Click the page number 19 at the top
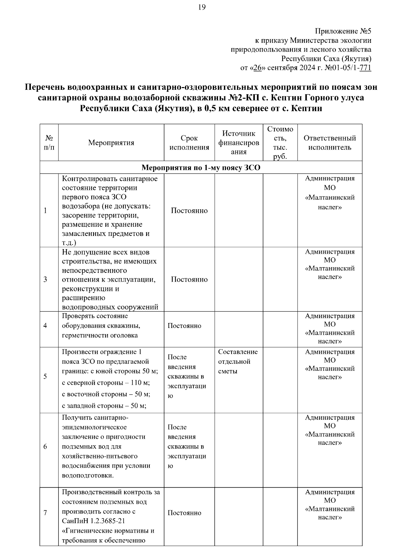pos(202,7)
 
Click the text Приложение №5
pos(343,31)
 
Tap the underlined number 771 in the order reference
pos(365,68)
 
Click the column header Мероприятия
pos(111,143)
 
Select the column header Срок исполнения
pos(189,143)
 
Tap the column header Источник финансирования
pos(239,143)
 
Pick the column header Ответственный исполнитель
pos(330,143)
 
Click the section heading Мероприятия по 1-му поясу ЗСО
pos(201,168)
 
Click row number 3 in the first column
pos(45,279)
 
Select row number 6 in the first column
pos(45,447)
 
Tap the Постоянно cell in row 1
pos(189,211)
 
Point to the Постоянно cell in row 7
pos(184,513)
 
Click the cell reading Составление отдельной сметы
pos(238,361)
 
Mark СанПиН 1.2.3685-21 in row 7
pos(93,521)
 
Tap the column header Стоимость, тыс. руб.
pos(280,143)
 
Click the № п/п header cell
pos(49,143)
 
